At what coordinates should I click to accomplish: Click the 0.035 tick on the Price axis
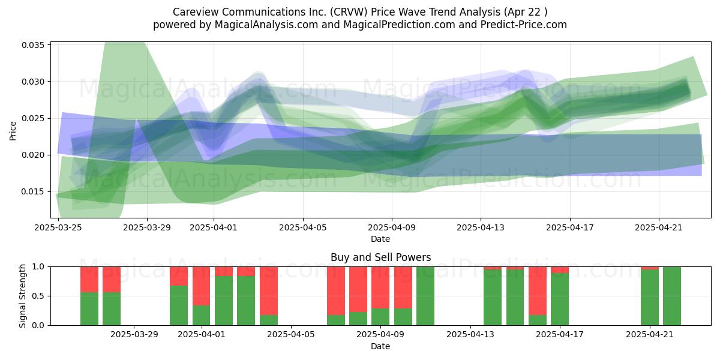(32, 45)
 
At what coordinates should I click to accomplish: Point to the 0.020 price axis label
(32, 155)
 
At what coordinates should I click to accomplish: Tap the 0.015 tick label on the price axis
(32, 192)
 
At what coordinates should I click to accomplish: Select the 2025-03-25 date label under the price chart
(58, 227)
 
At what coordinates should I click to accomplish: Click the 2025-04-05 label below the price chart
(303, 227)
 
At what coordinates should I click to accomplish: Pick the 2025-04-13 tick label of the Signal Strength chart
(470, 335)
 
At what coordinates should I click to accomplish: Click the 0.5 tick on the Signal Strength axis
(38, 296)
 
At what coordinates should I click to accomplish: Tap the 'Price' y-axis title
(13, 131)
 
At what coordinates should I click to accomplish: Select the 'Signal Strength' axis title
(22, 296)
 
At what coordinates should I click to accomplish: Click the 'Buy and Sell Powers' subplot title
(380, 257)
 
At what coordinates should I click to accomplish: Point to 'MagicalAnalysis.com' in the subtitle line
(266, 25)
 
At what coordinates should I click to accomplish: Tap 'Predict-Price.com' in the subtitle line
(524, 25)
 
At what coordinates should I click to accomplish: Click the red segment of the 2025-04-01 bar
(201, 286)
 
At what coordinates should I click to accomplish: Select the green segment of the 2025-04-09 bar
(380, 317)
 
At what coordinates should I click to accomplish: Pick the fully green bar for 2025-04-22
(672, 296)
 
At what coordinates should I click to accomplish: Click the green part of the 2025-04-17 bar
(560, 299)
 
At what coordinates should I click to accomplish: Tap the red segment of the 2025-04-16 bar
(538, 291)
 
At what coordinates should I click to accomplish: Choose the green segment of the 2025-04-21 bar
(650, 298)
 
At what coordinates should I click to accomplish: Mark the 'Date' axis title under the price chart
(380, 239)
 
